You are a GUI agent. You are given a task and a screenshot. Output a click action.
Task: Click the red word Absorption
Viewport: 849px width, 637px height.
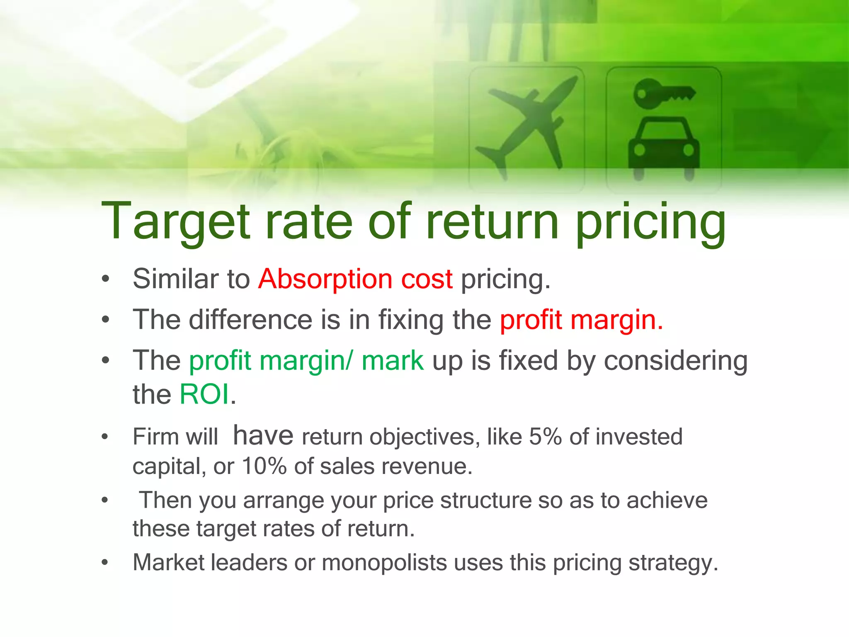tap(325, 279)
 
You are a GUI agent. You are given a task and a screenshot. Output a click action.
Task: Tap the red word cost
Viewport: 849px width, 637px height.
tap(427, 279)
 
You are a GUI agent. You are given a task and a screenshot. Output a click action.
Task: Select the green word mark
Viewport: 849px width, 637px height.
tap(392, 360)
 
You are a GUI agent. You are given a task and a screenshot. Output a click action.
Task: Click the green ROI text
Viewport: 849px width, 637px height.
tap(204, 394)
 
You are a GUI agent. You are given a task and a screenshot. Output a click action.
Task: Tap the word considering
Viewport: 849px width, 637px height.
tap(676, 361)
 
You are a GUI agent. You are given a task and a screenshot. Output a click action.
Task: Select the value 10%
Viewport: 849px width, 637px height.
tap(264, 466)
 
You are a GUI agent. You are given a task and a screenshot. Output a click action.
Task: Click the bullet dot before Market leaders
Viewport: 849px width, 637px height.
tap(105, 563)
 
